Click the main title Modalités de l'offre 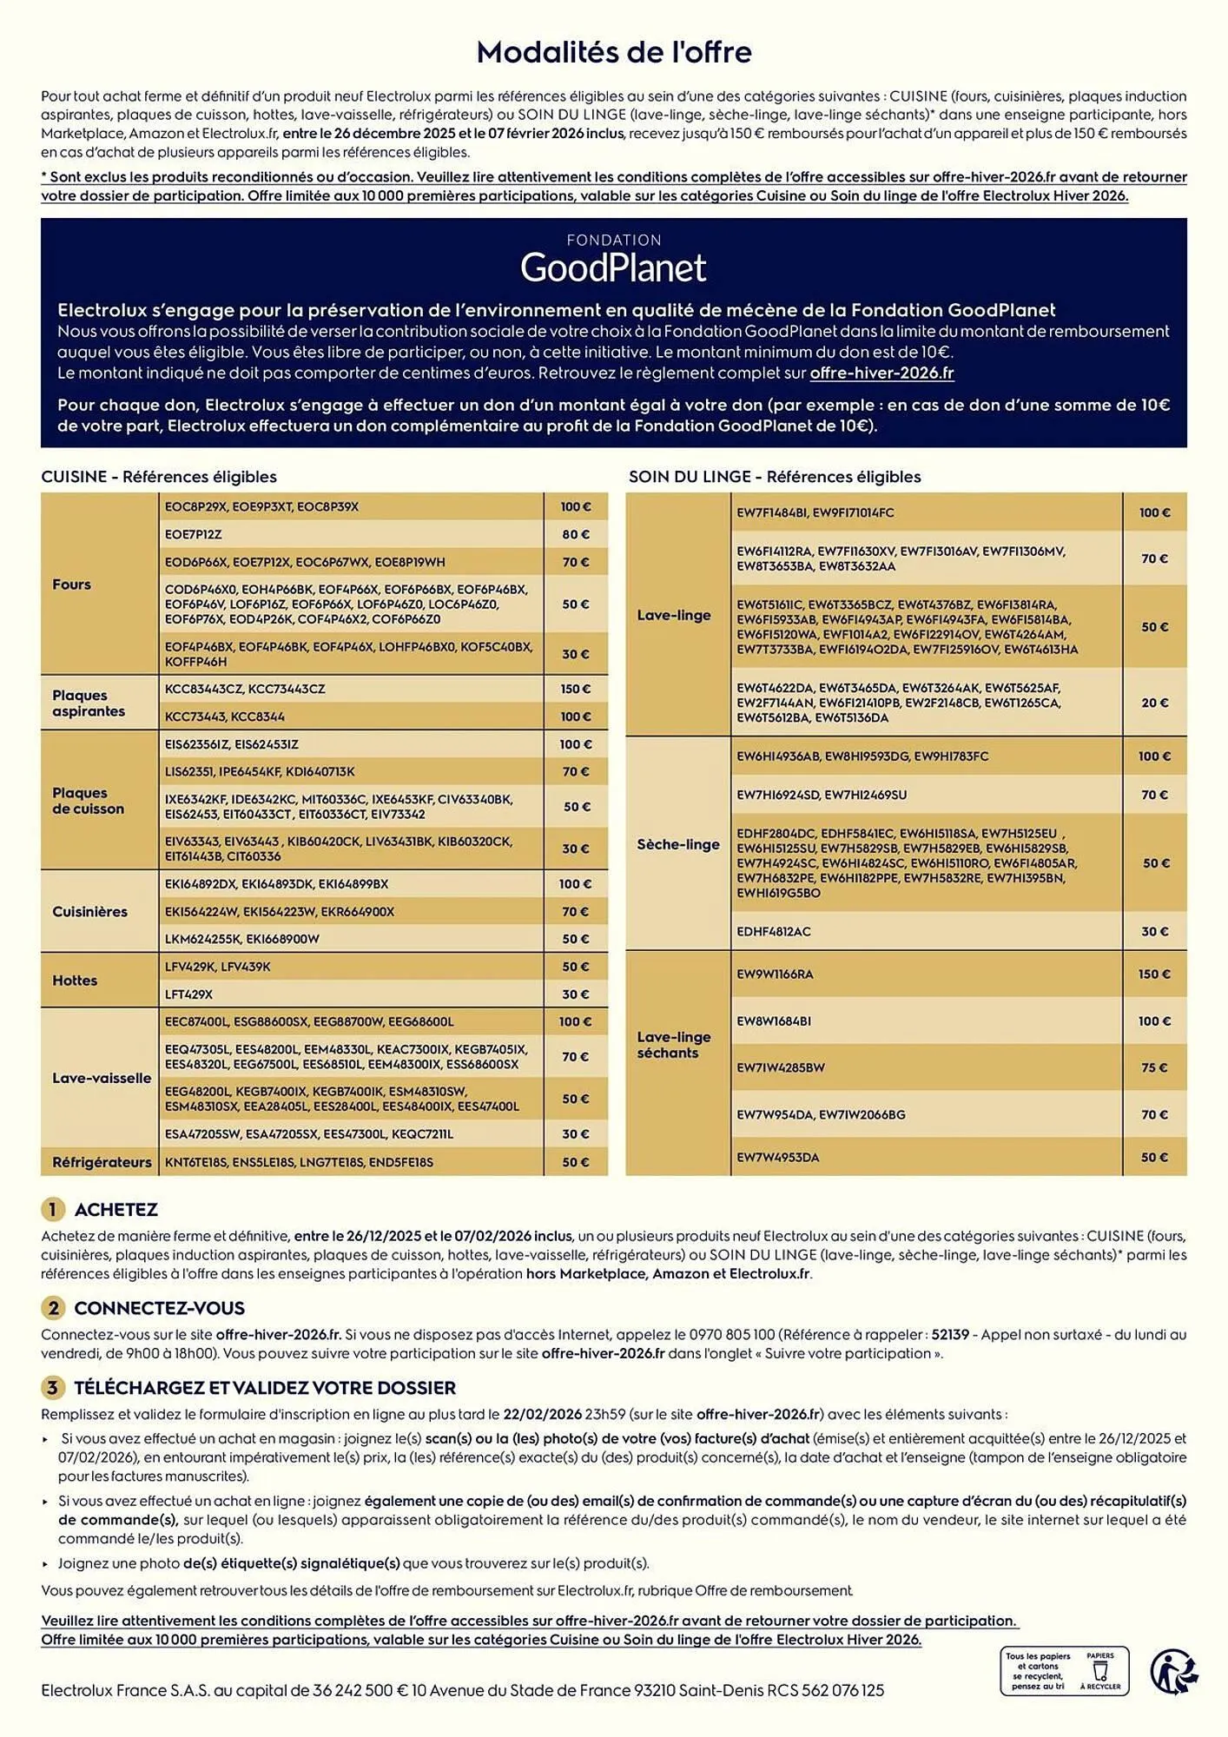click(614, 53)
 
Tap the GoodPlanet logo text click(613, 268)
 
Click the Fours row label click(71, 585)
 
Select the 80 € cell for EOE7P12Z click(575, 534)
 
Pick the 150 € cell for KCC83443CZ click(575, 689)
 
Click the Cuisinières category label click(89, 912)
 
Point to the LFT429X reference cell click(189, 994)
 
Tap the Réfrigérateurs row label click(102, 1162)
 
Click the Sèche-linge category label click(678, 844)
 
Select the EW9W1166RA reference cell click(775, 974)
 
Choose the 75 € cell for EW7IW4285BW click(1154, 1068)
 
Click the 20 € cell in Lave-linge click(1154, 703)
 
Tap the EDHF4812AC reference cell click(774, 932)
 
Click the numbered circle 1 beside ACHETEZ click(52, 1209)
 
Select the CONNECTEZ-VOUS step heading click(159, 1308)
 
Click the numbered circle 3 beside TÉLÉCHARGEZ click(52, 1388)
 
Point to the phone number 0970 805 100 click(731, 1334)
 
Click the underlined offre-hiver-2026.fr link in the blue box click(881, 373)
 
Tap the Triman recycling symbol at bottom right click(1173, 1671)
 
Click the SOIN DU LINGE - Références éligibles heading click(775, 477)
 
